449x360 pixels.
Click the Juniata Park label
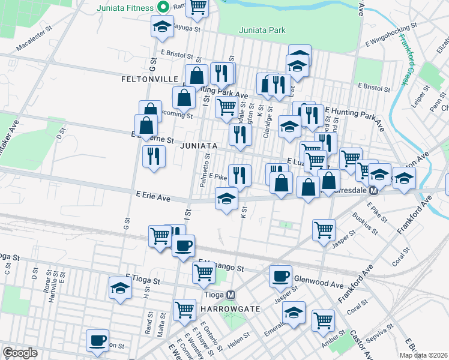tap(261, 30)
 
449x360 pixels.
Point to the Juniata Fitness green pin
tap(162, 8)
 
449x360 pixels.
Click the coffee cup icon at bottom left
tap(97, 341)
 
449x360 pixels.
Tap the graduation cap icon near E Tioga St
tap(120, 288)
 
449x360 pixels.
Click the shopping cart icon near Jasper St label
tap(324, 230)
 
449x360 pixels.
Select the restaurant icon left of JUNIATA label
tap(154, 157)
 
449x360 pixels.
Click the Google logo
tap(20, 353)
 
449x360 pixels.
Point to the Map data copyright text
tap(423, 355)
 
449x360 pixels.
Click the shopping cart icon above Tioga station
tap(204, 272)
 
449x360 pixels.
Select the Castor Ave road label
tap(354, 340)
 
